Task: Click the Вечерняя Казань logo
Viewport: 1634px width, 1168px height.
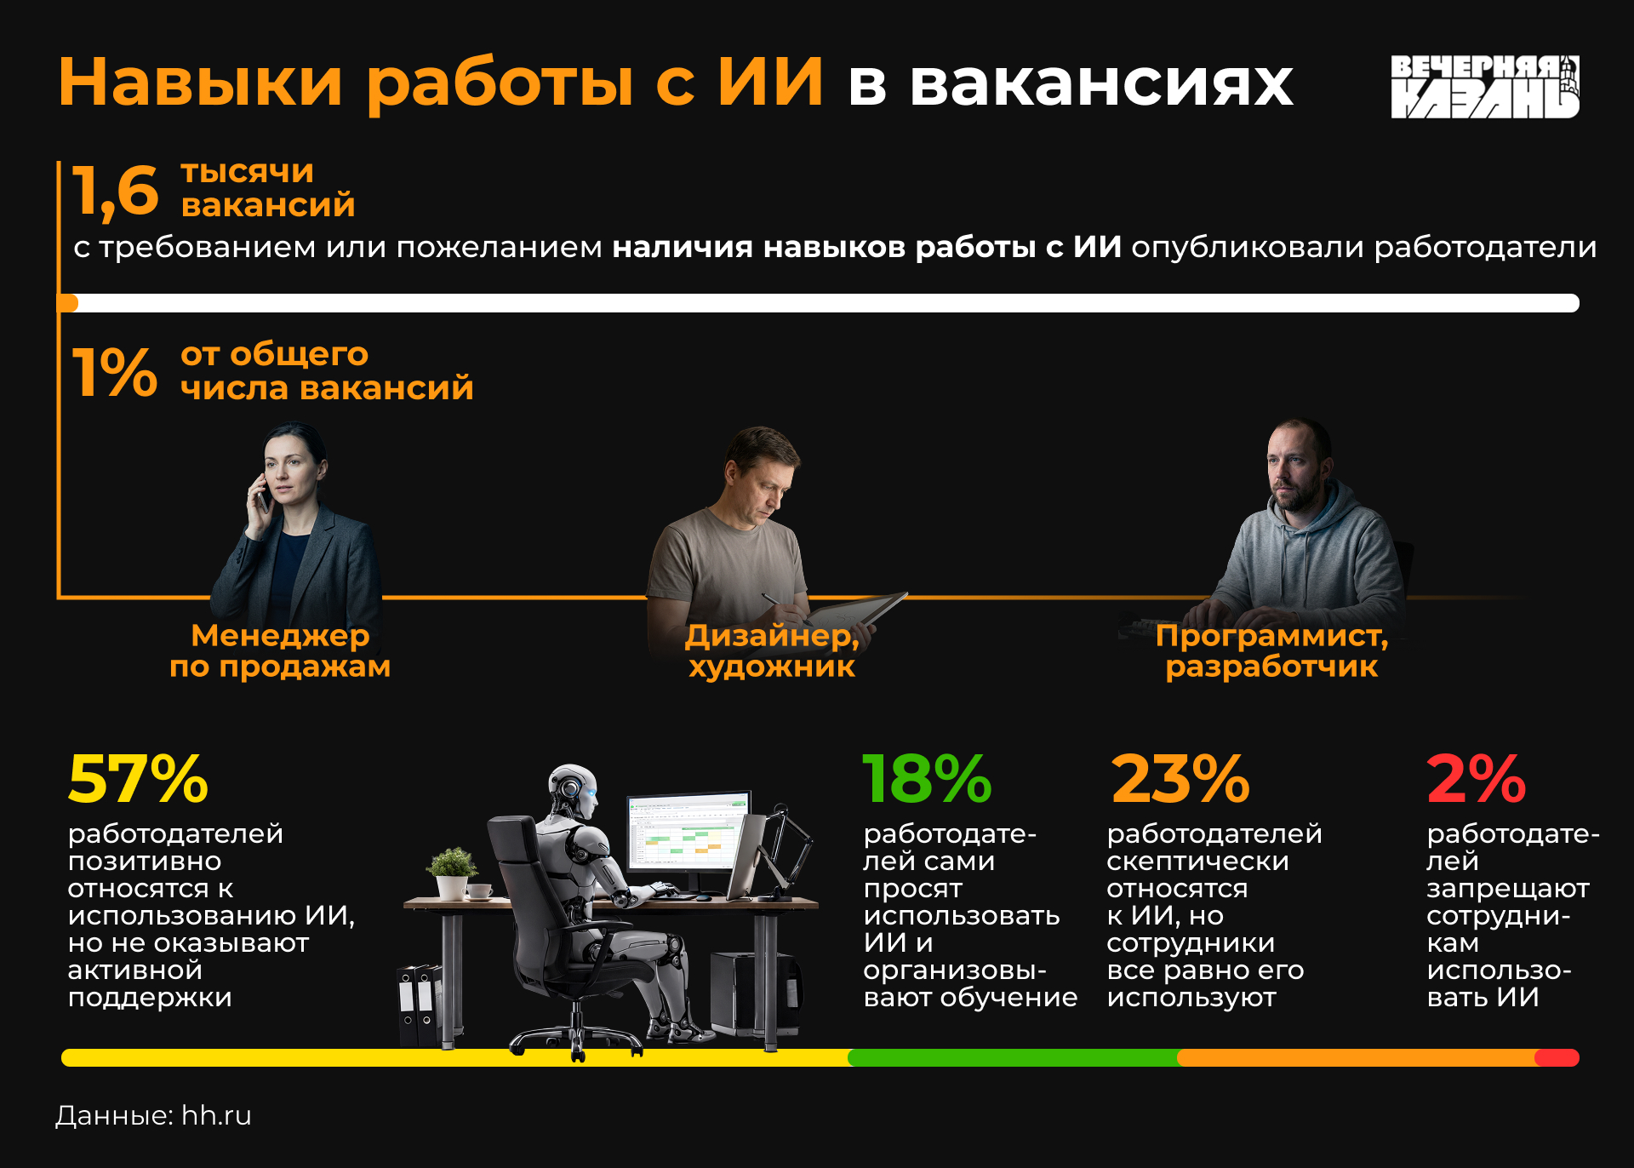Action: point(1485,87)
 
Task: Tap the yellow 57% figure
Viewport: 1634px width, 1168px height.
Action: point(138,778)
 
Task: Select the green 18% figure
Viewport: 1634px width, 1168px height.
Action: point(927,778)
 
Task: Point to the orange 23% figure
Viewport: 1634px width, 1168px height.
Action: point(1180,778)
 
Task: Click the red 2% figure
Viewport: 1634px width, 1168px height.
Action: point(1477,778)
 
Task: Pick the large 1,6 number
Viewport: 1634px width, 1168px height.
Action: point(115,192)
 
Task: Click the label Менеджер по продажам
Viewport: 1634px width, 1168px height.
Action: point(280,650)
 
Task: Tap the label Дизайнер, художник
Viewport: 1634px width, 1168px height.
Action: point(772,650)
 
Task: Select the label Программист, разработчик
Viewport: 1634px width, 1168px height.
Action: point(1271,650)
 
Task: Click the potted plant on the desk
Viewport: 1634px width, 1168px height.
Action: point(452,873)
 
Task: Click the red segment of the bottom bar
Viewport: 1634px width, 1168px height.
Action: point(1557,1057)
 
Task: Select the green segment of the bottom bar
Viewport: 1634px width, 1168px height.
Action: point(1013,1057)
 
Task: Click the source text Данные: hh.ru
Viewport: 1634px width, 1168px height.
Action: point(153,1115)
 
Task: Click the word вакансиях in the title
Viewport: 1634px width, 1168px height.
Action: point(1101,83)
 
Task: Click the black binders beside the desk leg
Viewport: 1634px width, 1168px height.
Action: point(420,1005)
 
